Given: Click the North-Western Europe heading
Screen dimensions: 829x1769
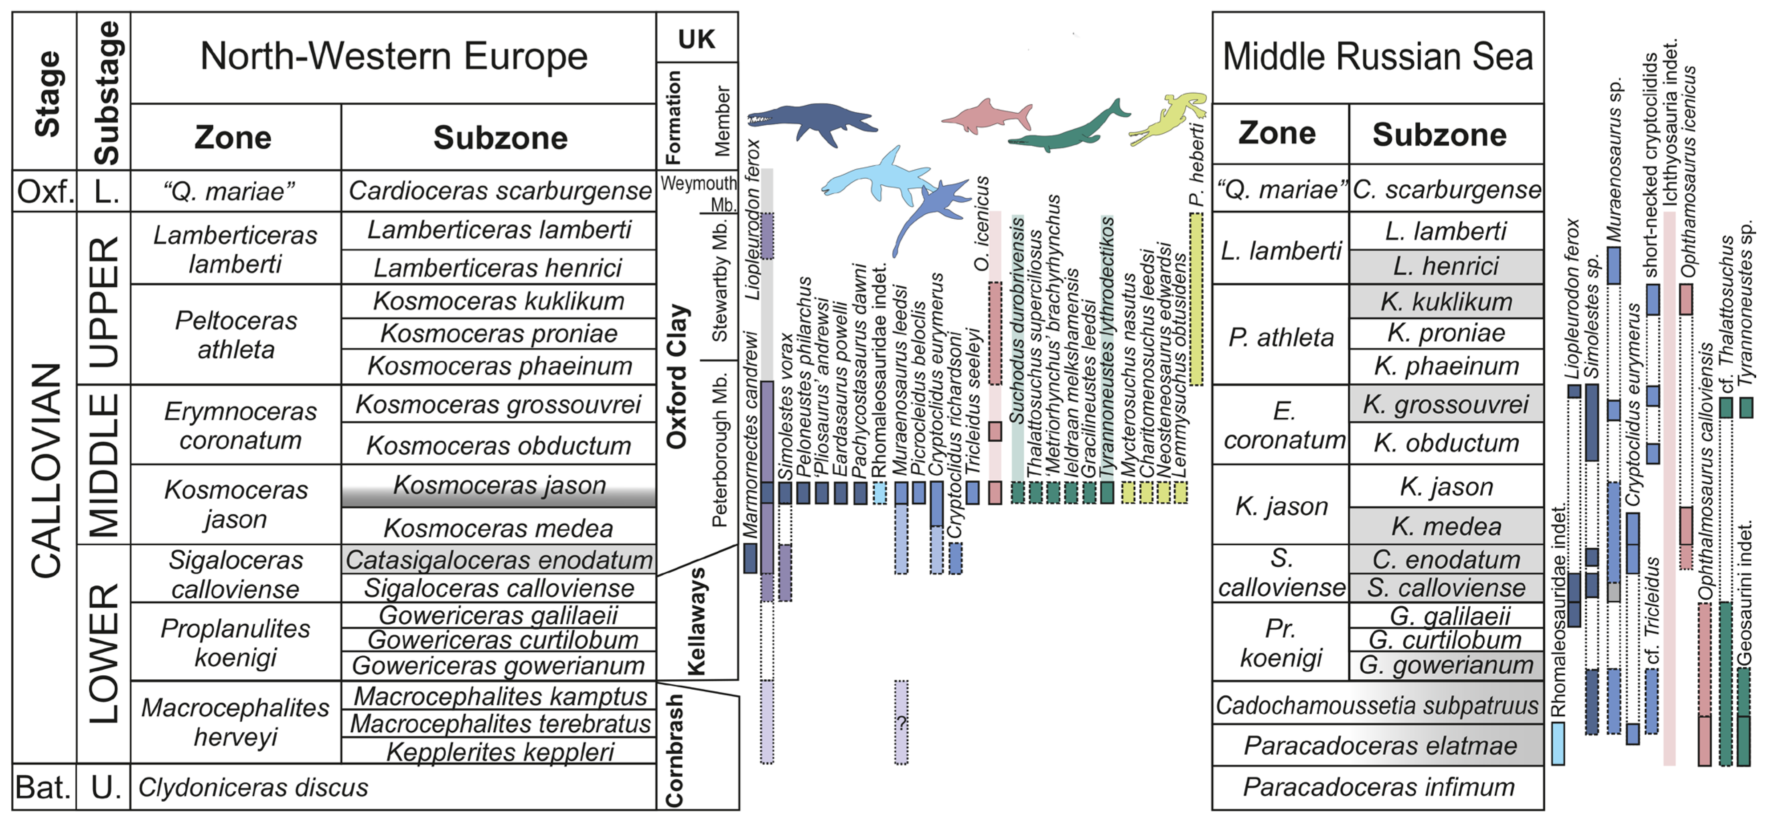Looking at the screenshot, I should (393, 56).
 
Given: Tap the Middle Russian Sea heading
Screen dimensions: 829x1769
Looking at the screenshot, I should (1378, 56).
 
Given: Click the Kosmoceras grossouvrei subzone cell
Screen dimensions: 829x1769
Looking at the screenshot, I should (499, 404).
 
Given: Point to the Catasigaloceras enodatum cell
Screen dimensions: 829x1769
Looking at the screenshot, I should (499, 560).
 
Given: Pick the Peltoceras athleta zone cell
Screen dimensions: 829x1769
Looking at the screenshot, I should (235, 335).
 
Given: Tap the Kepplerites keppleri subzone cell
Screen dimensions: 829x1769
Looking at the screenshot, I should (499, 752).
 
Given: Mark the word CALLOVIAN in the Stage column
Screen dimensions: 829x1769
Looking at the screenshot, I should (46, 471).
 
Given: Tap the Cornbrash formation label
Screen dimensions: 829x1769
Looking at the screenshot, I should (675, 750).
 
